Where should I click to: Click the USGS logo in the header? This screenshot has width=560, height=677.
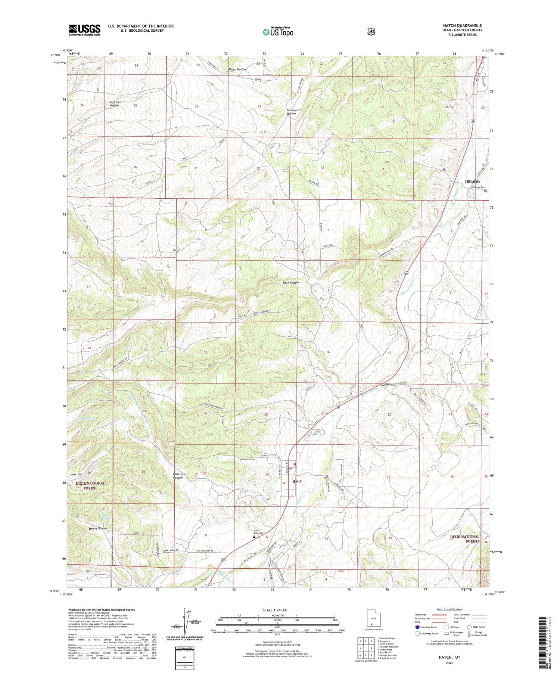(84, 30)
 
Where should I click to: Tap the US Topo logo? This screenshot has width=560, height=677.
(278, 32)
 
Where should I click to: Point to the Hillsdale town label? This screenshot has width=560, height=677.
(473, 181)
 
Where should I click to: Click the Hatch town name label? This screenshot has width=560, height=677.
(297, 481)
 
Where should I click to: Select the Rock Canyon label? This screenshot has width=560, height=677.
(291, 283)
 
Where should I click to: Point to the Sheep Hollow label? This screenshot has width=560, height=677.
(237, 69)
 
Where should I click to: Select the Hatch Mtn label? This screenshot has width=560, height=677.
(77, 474)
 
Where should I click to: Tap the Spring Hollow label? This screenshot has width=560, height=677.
(98, 528)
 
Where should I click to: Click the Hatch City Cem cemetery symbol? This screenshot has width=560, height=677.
(254, 537)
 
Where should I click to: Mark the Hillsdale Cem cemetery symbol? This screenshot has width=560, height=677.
(485, 191)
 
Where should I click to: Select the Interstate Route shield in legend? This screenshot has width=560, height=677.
(417, 627)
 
